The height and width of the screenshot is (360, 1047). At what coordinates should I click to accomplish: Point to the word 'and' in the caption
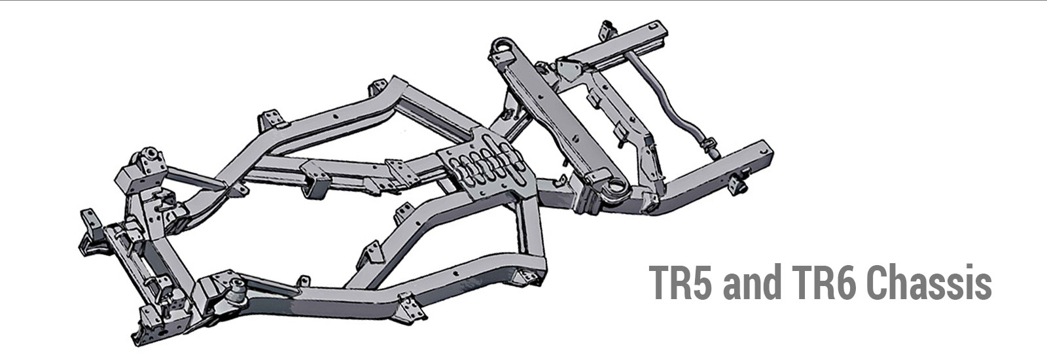pos(750,283)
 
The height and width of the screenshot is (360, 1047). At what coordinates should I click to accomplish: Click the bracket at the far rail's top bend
pos(377,88)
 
